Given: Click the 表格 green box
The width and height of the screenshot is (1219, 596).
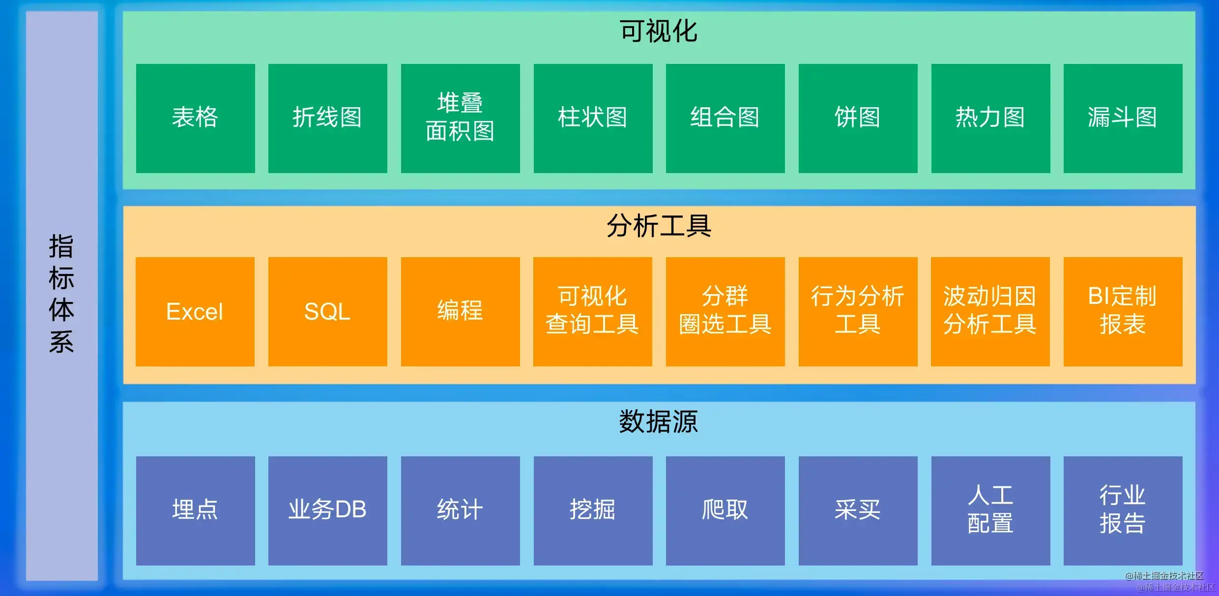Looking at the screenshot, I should [x=195, y=118].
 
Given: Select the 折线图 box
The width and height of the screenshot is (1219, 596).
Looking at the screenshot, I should [x=327, y=118].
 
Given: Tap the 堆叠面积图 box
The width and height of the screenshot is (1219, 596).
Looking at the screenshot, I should [x=460, y=118].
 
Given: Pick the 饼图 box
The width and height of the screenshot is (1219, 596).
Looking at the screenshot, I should [x=858, y=118].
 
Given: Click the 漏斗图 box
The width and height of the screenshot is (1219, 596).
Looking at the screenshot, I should [x=1123, y=118].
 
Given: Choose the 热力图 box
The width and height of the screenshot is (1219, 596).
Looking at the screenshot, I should [x=990, y=118].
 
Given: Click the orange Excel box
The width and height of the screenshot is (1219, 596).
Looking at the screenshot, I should [x=195, y=312].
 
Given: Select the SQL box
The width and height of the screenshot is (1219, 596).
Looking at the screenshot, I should [x=327, y=312].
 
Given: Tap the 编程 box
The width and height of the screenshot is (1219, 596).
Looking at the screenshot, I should [x=460, y=312].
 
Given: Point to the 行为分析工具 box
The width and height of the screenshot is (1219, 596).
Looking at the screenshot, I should [x=858, y=312].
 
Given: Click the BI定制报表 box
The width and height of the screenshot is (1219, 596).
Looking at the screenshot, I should [x=1123, y=312].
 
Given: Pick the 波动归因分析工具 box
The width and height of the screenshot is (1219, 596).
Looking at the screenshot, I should [x=990, y=312].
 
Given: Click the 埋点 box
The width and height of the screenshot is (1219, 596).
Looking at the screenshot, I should [x=195, y=510].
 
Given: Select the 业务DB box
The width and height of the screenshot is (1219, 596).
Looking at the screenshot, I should [x=327, y=510].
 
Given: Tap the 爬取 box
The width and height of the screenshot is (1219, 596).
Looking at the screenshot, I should [x=725, y=510].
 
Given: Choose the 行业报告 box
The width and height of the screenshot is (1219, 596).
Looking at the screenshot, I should [x=1123, y=510].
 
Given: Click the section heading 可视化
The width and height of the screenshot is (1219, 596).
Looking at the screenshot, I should [x=659, y=31].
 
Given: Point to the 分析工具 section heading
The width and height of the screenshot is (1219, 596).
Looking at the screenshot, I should [x=659, y=226].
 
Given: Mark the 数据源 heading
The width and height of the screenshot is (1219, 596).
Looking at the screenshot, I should [x=659, y=422].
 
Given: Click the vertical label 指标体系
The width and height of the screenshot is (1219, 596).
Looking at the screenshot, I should [x=61, y=294].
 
